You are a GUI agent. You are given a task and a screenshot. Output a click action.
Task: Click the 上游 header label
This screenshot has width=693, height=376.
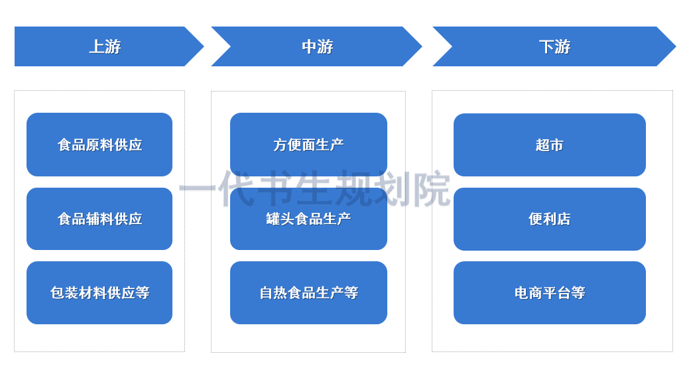click(x=105, y=46)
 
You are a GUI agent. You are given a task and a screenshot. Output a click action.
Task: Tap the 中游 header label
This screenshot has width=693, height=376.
click(x=317, y=46)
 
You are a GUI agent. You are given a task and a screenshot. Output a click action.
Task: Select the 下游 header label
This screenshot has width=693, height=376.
click(x=554, y=46)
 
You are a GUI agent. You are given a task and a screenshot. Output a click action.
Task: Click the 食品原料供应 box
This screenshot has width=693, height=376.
click(x=99, y=145)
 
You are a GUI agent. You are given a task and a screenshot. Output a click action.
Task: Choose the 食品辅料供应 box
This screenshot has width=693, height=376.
click(x=99, y=219)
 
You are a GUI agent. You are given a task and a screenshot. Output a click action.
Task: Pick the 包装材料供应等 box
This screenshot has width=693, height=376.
click(x=99, y=292)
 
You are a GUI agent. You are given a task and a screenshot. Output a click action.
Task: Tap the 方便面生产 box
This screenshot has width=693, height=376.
click(x=308, y=145)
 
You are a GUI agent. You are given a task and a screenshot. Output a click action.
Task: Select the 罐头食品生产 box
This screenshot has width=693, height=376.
click(x=308, y=219)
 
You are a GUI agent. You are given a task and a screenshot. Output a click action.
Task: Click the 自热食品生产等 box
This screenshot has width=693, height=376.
click(x=308, y=292)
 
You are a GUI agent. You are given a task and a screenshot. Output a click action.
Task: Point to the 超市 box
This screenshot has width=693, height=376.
click(x=549, y=145)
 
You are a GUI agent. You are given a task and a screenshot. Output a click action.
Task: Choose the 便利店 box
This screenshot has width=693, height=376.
click(x=549, y=219)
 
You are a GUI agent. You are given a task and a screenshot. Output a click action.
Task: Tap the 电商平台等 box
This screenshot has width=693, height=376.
click(x=549, y=292)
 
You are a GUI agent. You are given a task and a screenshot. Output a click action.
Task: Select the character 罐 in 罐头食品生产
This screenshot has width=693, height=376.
click(x=273, y=219)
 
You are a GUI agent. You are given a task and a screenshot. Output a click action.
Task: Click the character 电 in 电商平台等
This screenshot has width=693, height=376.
click(x=521, y=292)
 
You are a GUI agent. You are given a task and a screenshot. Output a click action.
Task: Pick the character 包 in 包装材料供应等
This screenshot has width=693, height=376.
click(x=57, y=292)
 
